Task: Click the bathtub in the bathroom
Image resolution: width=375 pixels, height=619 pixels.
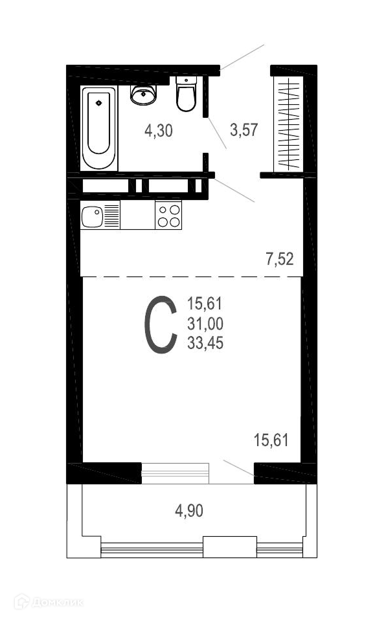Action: click(x=98, y=128)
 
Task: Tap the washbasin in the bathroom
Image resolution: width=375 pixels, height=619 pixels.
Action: click(x=144, y=95)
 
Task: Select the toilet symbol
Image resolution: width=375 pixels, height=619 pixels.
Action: click(x=186, y=94)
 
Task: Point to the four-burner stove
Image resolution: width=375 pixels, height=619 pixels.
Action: click(x=168, y=215)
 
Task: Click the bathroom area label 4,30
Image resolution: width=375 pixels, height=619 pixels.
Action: click(x=159, y=130)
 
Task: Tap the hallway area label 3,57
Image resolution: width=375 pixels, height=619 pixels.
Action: click(x=244, y=129)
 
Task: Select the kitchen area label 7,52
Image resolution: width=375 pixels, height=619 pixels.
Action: click(x=280, y=260)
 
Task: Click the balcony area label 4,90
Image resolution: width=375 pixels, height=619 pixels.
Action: click(x=189, y=511)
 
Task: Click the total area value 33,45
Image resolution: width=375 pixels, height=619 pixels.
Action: click(x=205, y=343)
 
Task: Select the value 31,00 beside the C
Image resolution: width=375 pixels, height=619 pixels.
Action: click(x=205, y=324)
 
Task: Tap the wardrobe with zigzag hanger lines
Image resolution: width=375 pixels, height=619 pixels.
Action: click(x=289, y=124)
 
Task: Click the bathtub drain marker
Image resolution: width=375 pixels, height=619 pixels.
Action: click(x=98, y=104)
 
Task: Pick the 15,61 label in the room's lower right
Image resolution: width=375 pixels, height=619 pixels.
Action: click(x=271, y=440)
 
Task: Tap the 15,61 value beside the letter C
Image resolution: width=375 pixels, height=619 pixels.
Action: click(x=205, y=304)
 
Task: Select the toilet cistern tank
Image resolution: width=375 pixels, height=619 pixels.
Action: click(x=186, y=80)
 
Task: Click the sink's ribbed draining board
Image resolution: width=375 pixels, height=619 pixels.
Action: click(x=111, y=216)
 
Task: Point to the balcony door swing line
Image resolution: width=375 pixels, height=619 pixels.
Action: click(x=238, y=468)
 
